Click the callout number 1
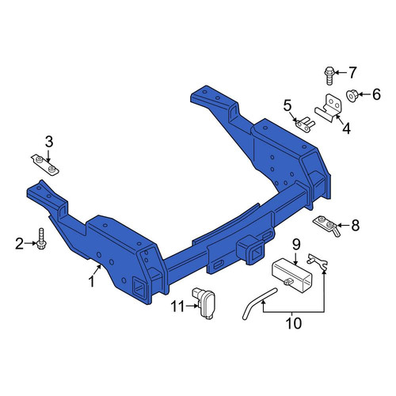(x=92, y=281)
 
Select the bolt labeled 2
(x=40, y=238)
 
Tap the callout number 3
(x=49, y=142)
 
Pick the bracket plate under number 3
(x=45, y=166)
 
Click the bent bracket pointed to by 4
(x=328, y=109)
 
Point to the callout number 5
(x=287, y=106)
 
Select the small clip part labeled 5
(x=305, y=125)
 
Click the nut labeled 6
(x=352, y=96)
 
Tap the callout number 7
(x=352, y=73)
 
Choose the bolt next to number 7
(x=329, y=75)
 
